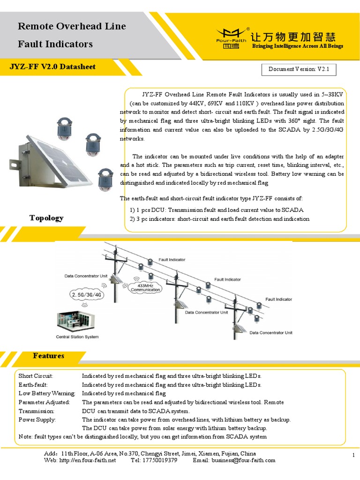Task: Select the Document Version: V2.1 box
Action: pyautogui.click(x=299, y=69)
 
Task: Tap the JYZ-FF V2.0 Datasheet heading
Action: pyautogui.click(x=52, y=67)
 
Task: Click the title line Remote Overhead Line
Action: pyautogui.click(x=72, y=26)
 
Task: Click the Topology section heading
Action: pyautogui.click(x=46, y=218)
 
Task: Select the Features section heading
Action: pyautogui.click(x=48, y=356)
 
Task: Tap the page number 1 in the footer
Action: pyautogui.click(x=352, y=456)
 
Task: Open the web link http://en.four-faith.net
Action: pyautogui.click(x=87, y=460)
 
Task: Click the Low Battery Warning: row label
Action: pyautogui.click(x=46, y=393)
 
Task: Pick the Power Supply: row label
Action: pyautogui.click(x=37, y=420)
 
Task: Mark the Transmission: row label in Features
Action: pyautogui.click(x=37, y=411)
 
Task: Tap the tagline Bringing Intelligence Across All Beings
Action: pyautogui.click(x=298, y=46)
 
